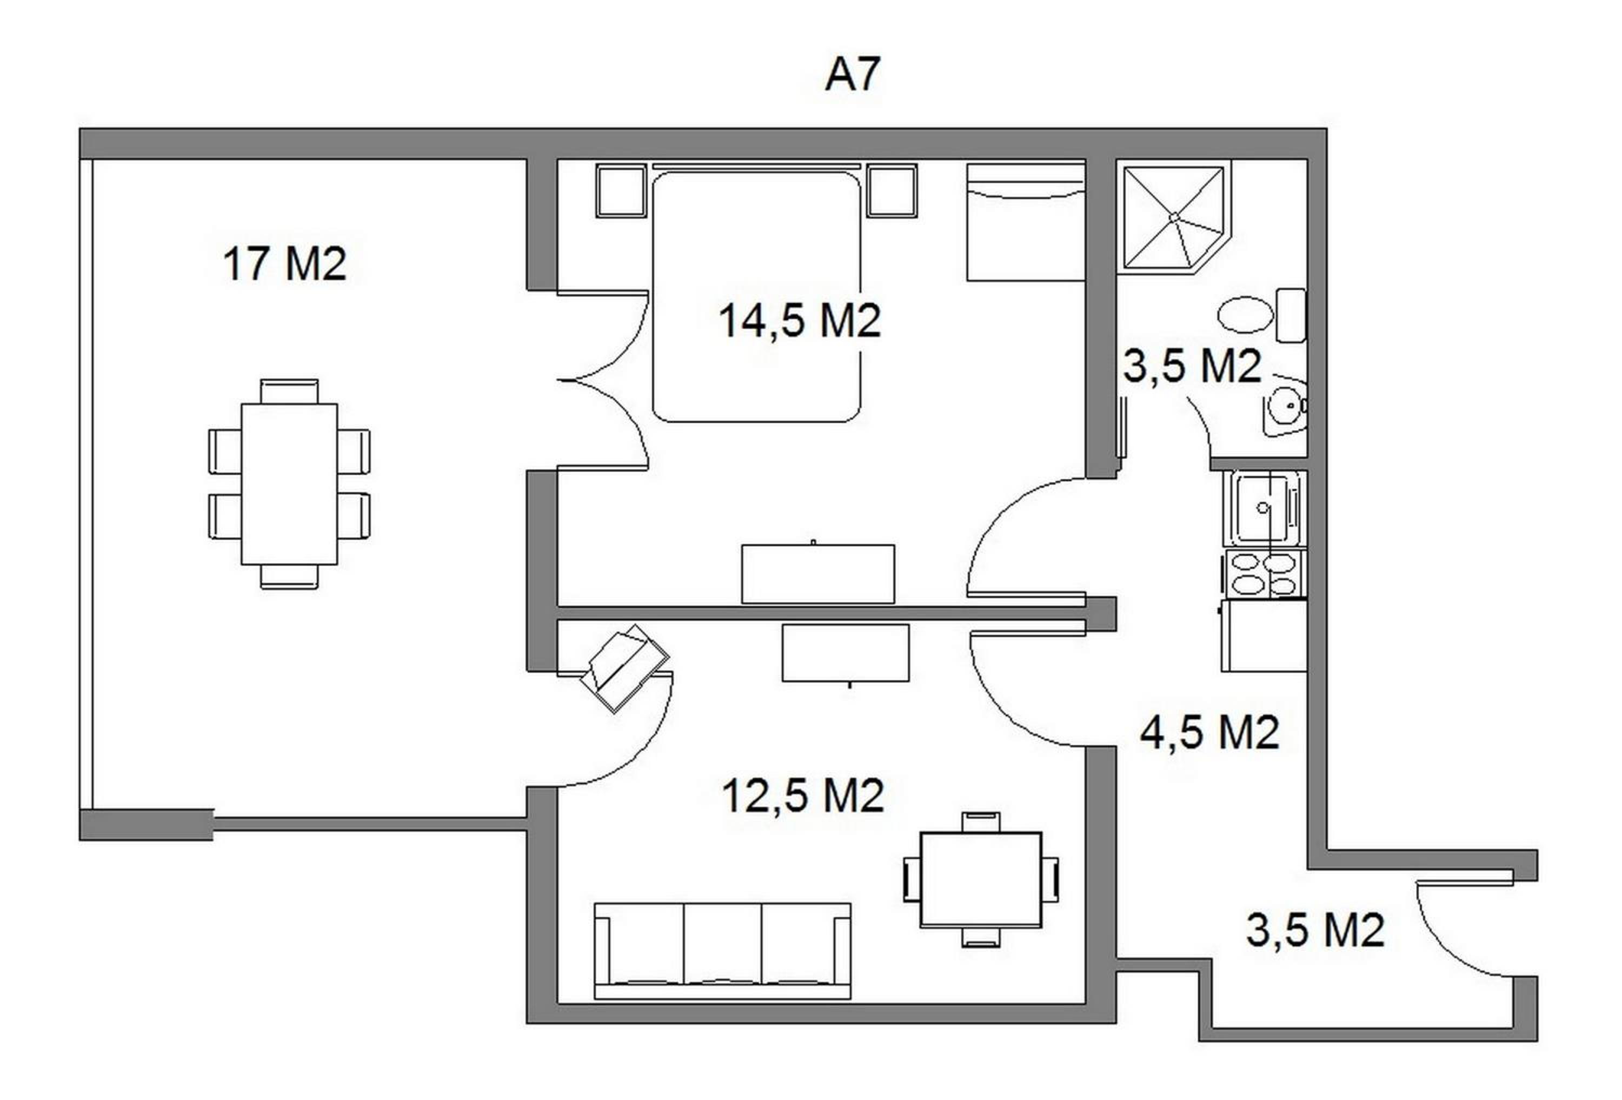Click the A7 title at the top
point(852,75)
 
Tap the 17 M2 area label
point(284,264)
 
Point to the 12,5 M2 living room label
point(803,795)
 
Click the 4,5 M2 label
point(1210,732)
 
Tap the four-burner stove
point(1265,574)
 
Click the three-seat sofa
point(722,951)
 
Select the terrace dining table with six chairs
point(289,483)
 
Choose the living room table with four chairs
point(981,879)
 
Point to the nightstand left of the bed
point(621,190)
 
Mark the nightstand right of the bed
point(891,190)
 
